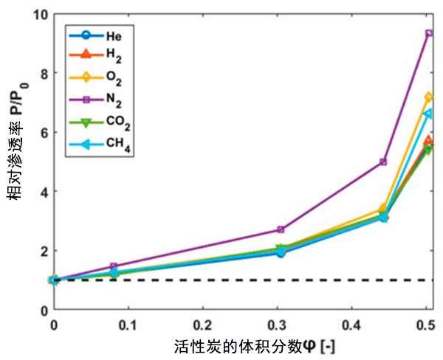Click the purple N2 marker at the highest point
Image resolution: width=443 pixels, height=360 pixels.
pos(429,33)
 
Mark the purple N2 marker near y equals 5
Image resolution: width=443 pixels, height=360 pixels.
pos(383,162)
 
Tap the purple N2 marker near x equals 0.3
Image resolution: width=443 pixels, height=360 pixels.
pos(281,229)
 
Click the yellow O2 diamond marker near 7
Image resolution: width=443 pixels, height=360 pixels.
pos(429,97)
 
